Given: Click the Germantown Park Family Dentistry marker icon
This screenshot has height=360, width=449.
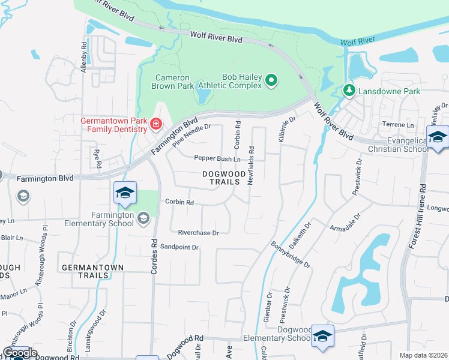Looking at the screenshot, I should click(156, 124).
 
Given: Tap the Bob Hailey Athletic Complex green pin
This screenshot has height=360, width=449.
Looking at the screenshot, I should click(271, 80).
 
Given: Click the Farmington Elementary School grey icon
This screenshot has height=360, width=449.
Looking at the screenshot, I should click(143, 218).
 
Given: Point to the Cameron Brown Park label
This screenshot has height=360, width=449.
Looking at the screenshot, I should click(173, 82).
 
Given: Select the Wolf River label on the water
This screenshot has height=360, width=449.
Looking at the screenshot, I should click(357, 42).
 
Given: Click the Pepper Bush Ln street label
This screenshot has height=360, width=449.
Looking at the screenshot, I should click(217, 159).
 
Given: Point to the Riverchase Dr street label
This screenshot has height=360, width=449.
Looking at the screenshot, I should click(199, 232).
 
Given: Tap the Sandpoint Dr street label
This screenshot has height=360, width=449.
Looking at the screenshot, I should click(179, 247).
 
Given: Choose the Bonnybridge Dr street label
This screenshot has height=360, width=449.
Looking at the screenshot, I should click(291, 254).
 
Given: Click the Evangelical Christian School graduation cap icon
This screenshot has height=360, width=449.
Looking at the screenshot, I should click(437, 137).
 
